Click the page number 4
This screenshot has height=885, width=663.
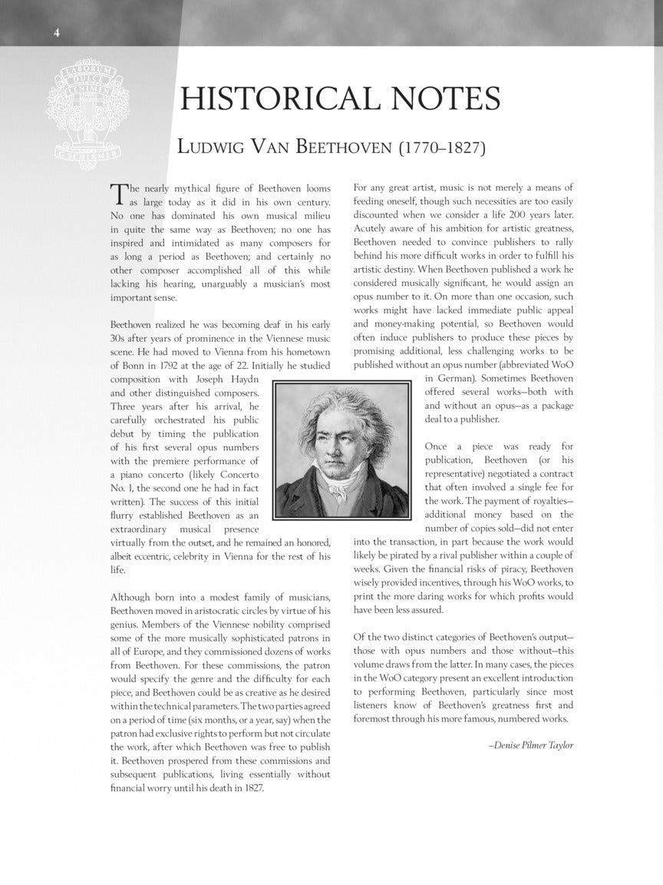click(57, 31)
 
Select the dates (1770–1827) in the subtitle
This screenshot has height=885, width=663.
click(441, 146)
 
